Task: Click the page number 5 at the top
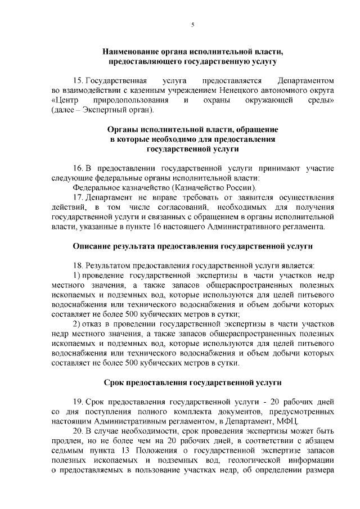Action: (x=192, y=25)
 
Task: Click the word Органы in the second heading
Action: (x=128, y=129)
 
